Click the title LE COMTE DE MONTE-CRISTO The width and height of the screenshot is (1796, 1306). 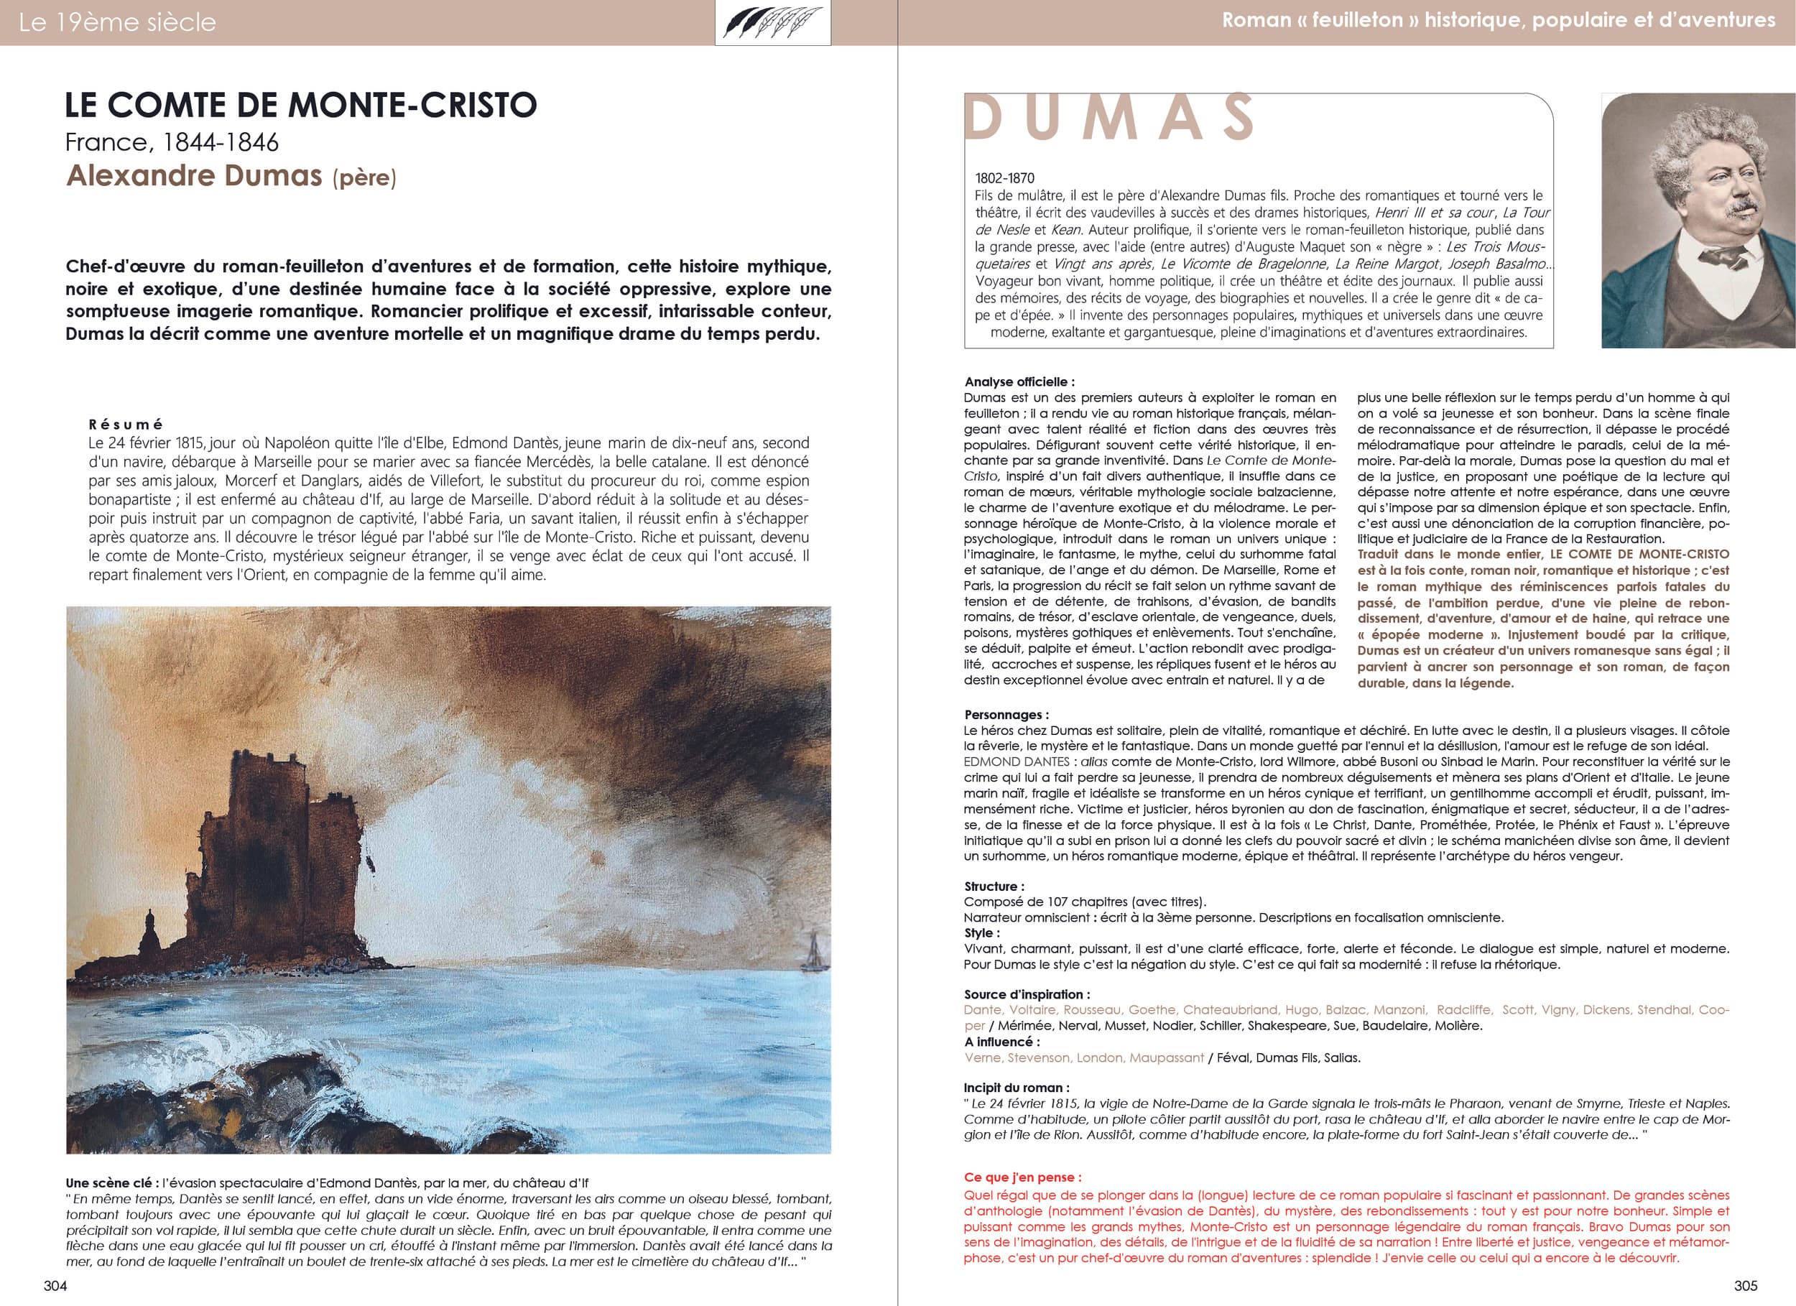coord(301,106)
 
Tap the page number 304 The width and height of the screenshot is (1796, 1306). coord(55,1285)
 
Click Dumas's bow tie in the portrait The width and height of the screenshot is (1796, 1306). coord(1717,254)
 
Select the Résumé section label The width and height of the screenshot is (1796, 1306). coord(126,425)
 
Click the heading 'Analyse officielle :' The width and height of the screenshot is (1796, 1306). coord(1019,381)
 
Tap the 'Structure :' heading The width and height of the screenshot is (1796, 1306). coord(994,886)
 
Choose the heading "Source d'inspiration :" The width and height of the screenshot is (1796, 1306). coord(1027,994)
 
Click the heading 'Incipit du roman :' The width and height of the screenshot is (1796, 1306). coord(1017,1088)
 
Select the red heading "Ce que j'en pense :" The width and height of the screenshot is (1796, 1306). coord(1022,1177)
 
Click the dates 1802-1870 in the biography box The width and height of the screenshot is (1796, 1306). coord(1005,178)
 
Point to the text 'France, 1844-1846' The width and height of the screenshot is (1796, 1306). coord(172,142)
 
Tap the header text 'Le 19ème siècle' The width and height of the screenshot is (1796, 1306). coord(117,22)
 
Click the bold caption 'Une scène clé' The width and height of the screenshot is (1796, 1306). coord(111,1183)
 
